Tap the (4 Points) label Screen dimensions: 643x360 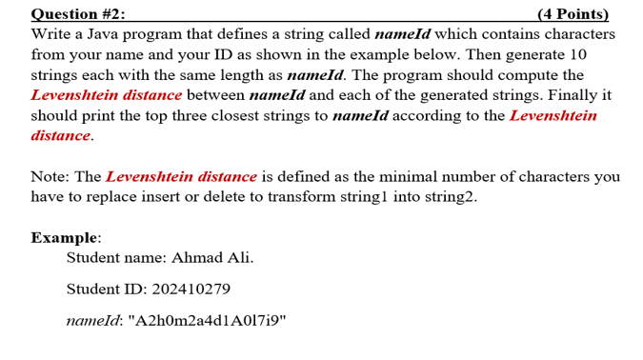573,13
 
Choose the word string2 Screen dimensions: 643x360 447,196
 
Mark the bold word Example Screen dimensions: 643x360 65,237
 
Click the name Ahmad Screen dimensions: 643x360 197,258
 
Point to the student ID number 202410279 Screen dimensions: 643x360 190,289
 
